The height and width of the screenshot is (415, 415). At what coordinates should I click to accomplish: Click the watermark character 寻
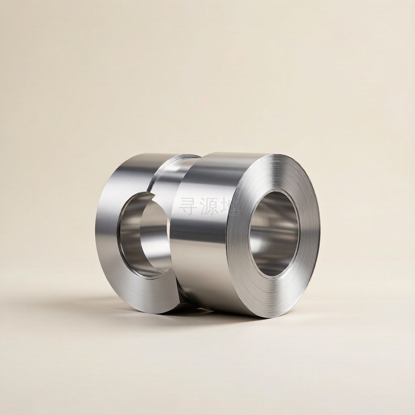pyautogui.click(x=188, y=206)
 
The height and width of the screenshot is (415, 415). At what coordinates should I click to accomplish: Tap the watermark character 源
pyautogui.click(x=209, y=206)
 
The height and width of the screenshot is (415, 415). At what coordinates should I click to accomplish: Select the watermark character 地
pyautogui.click(x=230, y=206)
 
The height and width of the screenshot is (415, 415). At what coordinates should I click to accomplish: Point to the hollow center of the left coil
pyautogui.click(x=145, y=235)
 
